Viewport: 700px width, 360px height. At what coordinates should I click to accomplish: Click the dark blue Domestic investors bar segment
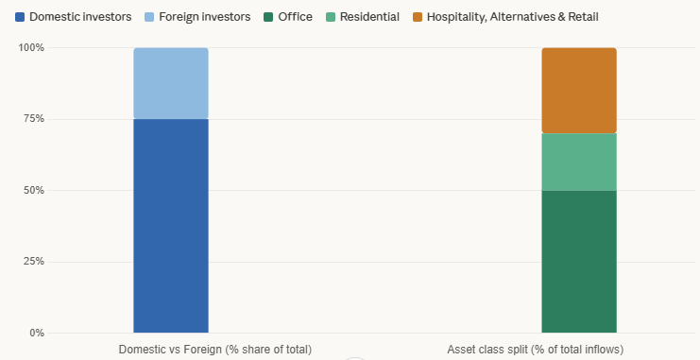coord(171,225)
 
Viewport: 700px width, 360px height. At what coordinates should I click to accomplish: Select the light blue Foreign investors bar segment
coord(171,83)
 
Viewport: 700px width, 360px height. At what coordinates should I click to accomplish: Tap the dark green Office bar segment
coord(579,261)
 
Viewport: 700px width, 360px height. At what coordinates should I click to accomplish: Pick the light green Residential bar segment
coord(579,162)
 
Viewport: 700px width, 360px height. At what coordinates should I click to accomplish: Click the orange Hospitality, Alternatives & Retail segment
coord(579,90)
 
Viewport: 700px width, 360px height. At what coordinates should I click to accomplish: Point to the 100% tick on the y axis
coord(32,47)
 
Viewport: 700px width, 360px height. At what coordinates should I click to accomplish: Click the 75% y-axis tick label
coord(34,119)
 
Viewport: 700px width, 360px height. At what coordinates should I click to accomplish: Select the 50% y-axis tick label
coord(34,190)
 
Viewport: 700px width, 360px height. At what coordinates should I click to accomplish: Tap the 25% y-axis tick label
coord(34,262)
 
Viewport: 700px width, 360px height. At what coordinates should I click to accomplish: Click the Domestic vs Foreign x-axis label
coord(214,350)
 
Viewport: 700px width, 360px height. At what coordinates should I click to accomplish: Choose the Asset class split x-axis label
coord(535,350)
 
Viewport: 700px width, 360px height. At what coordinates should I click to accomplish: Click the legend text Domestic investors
coord(80,17)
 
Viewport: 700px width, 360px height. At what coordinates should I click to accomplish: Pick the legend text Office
coord(295,17)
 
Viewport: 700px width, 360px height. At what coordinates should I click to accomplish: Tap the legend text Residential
coord(368,17)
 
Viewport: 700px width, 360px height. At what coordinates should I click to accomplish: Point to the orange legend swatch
coord(419,17)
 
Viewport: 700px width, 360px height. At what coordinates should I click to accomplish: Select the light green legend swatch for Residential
coord(328,17)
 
